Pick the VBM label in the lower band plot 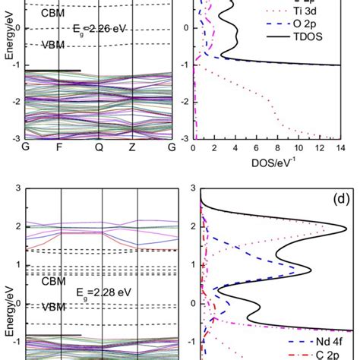[x=55, y=308]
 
